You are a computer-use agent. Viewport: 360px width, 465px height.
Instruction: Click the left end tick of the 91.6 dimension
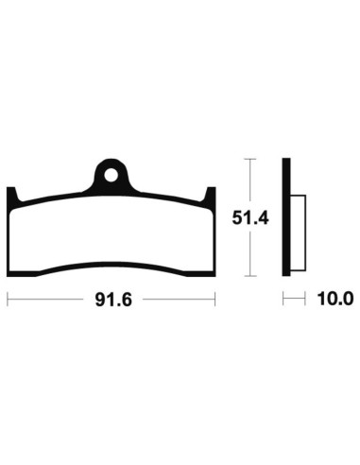coord(8,301)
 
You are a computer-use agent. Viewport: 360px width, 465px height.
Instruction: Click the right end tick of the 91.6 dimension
coord(216,301)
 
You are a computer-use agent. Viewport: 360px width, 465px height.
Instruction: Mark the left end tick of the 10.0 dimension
coord(283,301)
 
